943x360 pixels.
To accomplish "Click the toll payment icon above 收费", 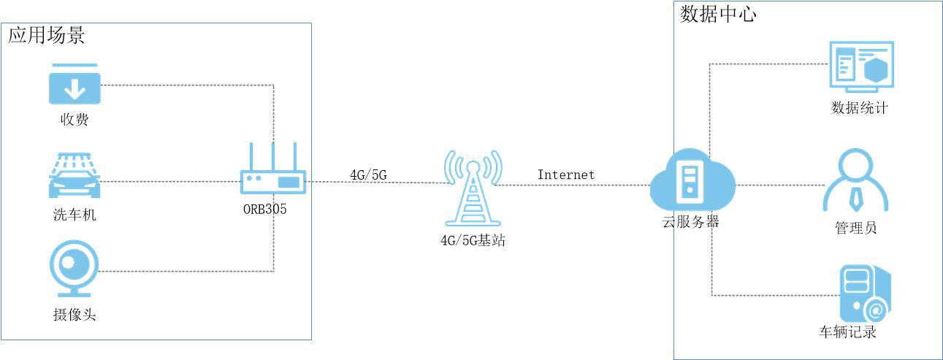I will point(74,85).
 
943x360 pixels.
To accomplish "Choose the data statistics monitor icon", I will point(860,66).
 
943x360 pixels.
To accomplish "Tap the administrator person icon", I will point(855,181).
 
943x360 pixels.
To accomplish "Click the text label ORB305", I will point(265,208).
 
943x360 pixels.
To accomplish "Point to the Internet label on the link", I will point(566,175).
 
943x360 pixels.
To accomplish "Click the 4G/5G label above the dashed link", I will point(368,175).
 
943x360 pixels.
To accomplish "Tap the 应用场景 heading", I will point(47,35).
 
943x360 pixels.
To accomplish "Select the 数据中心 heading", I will point(719,15).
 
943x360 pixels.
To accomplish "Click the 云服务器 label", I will point(686,222).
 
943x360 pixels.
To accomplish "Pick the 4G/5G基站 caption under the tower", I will point(473,240).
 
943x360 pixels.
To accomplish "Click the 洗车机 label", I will point(75,215).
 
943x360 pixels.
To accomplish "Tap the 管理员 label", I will point(855,229).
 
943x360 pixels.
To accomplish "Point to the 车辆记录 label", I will point(848,332).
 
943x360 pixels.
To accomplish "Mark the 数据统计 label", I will point(860,109).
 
